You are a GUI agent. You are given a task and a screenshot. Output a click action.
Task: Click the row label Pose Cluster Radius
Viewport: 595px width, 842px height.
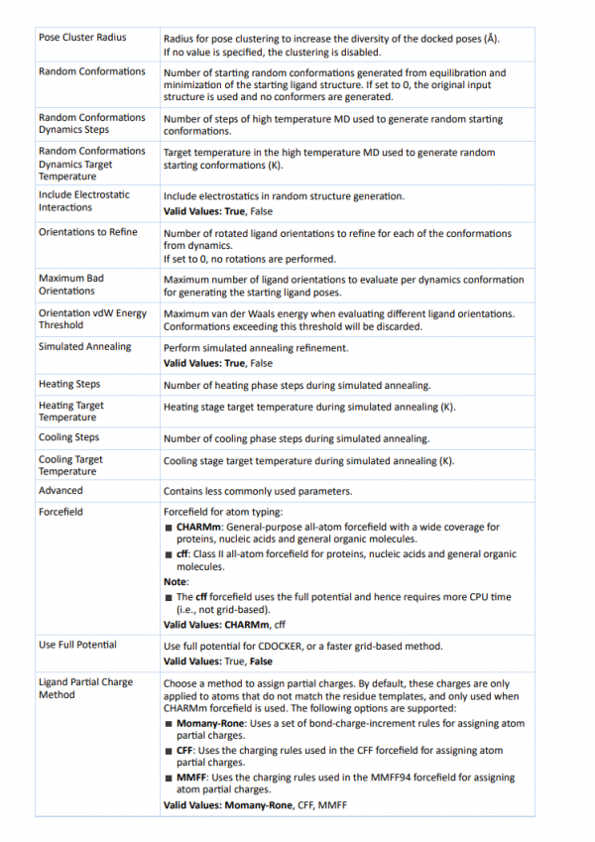tap(82, 38)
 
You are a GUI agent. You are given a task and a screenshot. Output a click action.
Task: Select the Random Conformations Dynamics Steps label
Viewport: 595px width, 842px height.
tap(91, 124)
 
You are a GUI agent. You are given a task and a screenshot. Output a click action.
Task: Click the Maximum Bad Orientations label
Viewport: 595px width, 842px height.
tap(71, 285)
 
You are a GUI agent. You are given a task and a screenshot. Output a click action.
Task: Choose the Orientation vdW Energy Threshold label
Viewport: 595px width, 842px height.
tap(92, 318)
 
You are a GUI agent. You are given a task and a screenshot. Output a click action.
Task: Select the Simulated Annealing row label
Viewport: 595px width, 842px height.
tap(84, 347)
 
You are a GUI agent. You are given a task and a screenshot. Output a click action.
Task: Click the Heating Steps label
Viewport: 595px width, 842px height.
tap(69, 384)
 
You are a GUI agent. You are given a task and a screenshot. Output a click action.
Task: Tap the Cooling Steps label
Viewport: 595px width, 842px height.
tap(69, 437)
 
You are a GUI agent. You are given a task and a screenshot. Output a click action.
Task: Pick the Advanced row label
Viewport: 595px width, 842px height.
tap(60, 490)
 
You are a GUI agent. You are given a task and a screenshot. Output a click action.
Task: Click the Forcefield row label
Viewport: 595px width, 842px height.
tap(60, 512)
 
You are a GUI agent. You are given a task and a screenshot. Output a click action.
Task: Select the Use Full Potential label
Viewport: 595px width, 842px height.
tap(77, 645)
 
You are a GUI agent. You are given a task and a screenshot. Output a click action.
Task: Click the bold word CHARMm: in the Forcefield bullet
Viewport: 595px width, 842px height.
tap(202, 528)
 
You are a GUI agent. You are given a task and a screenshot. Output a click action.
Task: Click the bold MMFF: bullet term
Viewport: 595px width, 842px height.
tap(193, 779)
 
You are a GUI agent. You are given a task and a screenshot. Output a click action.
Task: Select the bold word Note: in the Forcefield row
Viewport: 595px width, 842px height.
tap(176, 581)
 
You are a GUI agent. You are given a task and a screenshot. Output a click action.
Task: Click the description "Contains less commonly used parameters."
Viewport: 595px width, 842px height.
tap(258, 491)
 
